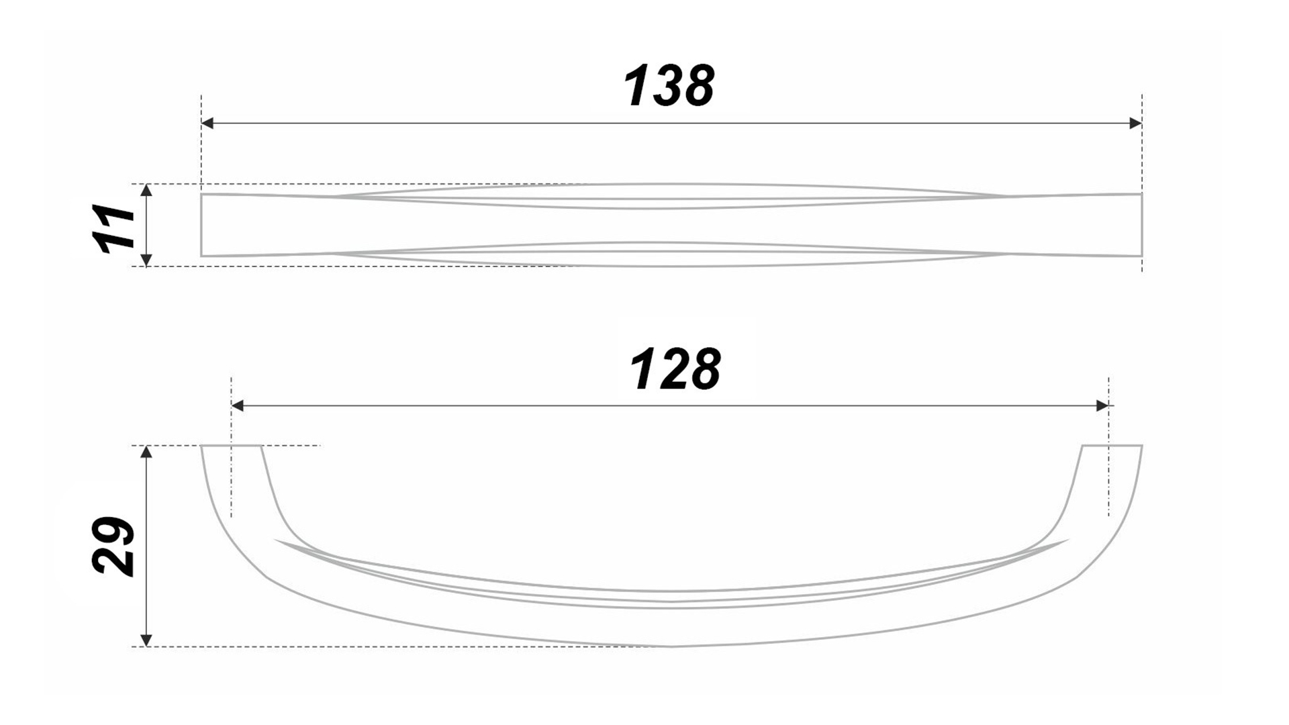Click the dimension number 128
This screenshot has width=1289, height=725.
(675, 369)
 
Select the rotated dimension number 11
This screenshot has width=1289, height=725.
(114, 228)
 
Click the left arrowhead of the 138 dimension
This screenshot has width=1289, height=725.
(207, 123)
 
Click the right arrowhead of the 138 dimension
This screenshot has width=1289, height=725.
(1135, 123)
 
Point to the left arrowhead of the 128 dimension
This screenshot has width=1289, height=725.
(237, 405)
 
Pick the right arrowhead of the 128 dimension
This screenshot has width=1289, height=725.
(1102, 405)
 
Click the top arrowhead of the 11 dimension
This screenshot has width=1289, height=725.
(148, 190)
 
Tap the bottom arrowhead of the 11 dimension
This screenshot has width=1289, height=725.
(148, 260)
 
